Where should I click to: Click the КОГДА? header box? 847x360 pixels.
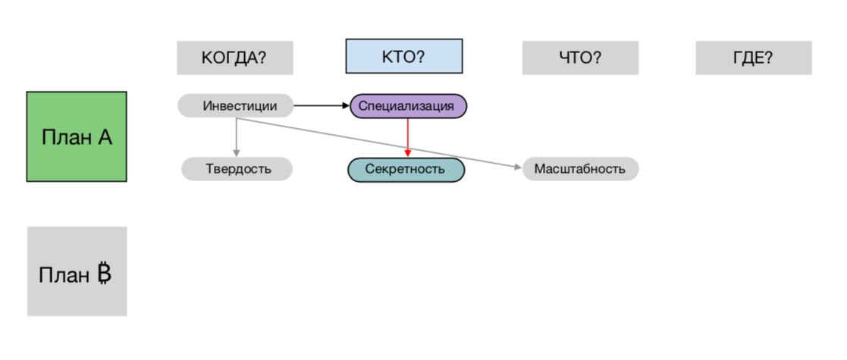234,58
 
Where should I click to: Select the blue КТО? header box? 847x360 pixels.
403,56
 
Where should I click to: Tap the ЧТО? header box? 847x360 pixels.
580,58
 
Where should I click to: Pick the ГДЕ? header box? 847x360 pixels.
753,58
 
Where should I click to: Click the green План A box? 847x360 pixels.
77,136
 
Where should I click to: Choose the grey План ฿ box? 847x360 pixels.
77,271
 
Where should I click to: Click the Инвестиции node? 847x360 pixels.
237,106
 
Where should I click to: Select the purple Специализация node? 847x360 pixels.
408,106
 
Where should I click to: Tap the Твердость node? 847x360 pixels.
237,168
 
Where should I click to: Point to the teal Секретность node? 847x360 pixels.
406,169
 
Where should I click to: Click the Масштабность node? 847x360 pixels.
580,168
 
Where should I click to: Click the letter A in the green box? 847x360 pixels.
105,137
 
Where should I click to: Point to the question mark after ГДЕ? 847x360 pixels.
768,58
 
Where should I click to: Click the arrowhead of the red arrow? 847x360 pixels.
408,154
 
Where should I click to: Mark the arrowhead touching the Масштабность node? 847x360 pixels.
518,166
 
